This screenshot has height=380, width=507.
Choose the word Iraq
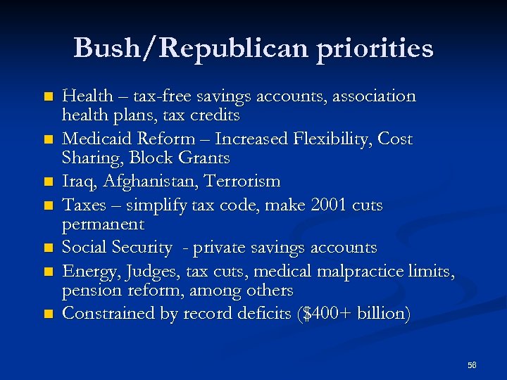pos(80,182)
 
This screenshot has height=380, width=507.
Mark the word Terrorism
pos(242,182)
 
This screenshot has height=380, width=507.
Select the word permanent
pos(103,225)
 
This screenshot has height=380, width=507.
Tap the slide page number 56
pos(472,365)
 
